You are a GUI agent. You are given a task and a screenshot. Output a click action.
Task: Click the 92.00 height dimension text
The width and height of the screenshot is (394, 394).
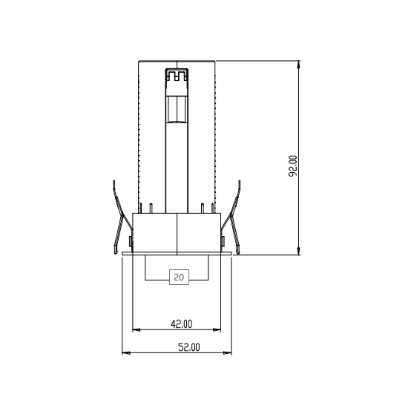pyautogui.click(x=293, y=165)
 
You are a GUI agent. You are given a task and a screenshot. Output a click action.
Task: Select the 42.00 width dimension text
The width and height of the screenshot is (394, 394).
pyautogui.click(x=181, y=324)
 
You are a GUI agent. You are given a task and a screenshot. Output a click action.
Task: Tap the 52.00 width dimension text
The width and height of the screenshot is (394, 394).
pyautogui.click(x=188, y=347)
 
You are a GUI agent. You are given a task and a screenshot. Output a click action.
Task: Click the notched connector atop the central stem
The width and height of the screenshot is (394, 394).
pyautogui.click(x=177, y=76)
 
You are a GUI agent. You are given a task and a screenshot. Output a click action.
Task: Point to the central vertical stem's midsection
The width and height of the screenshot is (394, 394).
pyautogui.click(x=177, y=156)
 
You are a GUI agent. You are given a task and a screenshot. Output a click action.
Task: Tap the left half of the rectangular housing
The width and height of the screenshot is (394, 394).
pyautogui.click(x=155, y=233)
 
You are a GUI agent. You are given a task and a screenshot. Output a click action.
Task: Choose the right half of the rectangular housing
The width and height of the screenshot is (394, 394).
pyautogui.click(x=199, y=233)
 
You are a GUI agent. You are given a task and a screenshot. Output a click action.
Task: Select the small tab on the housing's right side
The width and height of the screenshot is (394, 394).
pyautogui.click(x=224, y=240)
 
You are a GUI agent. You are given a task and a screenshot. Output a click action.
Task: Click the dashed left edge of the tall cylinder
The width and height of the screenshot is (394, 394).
pyautogui.click(x=139, y=134)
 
